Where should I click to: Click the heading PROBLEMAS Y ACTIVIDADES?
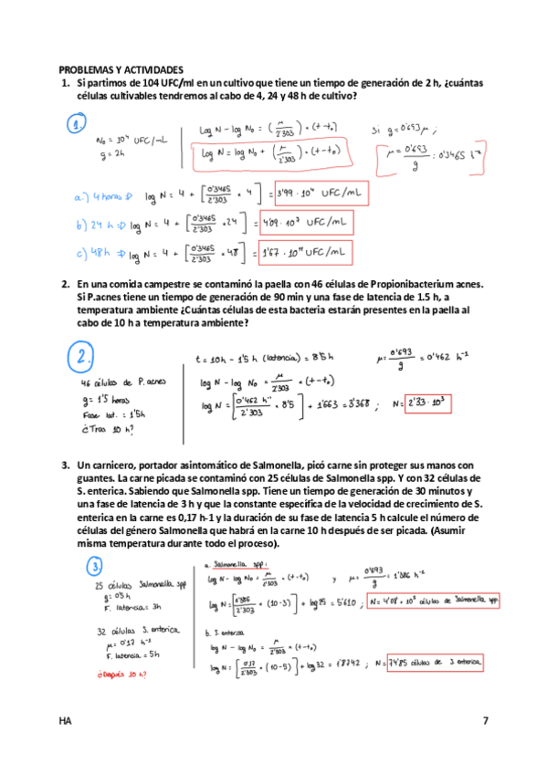[x=121, y=69]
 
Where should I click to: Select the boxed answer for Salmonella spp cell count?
[x=432, y=601]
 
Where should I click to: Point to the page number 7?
[x=485, y=721]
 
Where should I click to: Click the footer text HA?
[x=64, y=721]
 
